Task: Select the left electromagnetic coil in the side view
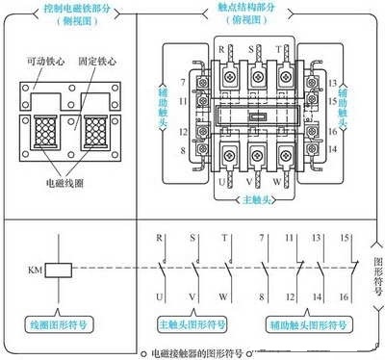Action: tap(43, 131)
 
